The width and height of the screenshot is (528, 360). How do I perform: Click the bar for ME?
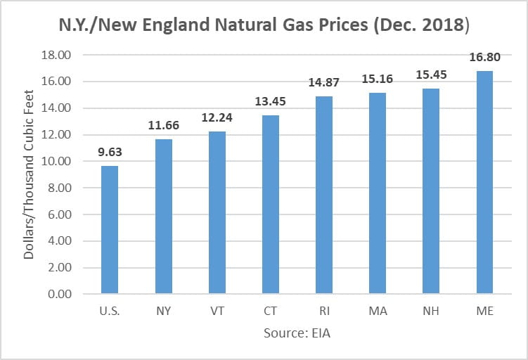pos(484,182)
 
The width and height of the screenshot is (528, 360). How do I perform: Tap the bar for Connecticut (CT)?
pos(270,204)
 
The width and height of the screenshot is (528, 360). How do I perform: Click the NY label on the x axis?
pos(163,311)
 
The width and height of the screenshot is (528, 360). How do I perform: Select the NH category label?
pos(430,311)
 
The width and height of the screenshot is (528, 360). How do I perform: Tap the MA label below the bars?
pos(377,311)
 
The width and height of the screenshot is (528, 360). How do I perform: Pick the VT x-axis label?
pos(217,311)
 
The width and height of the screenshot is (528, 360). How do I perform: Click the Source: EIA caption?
pos(297,333)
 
